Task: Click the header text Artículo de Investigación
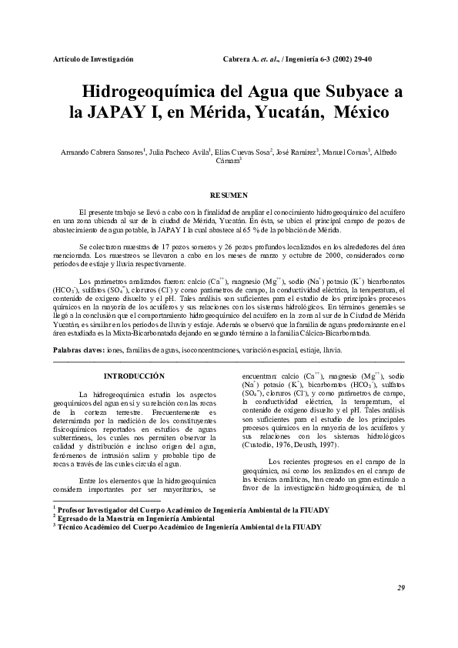click(x=93, y=59)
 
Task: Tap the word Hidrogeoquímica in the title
click(x=157, y=92)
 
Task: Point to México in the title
click(x=366, y=112)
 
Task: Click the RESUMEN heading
click(x=229, y=196)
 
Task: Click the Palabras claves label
click(x=79, y=349)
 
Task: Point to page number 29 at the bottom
click(x=401, y=588)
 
